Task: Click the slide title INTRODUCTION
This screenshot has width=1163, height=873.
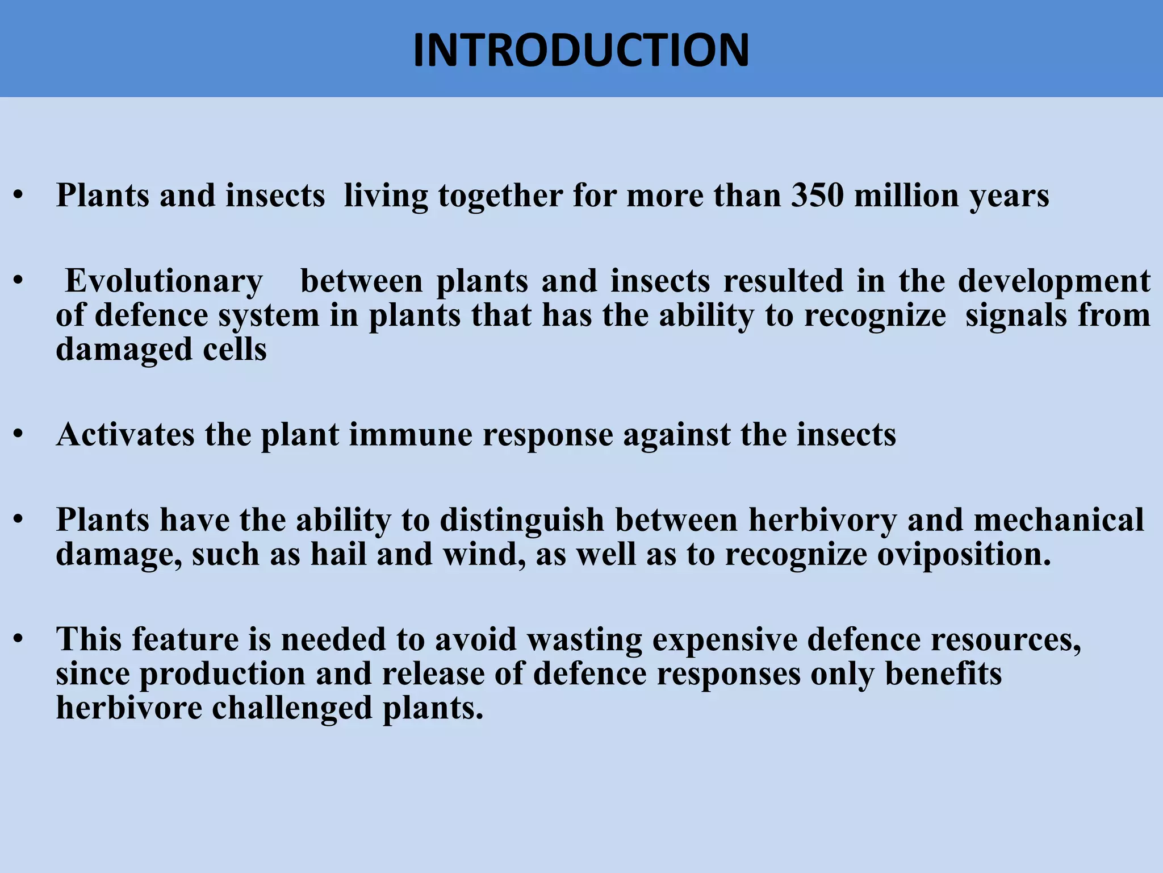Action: click(x=581, y=50)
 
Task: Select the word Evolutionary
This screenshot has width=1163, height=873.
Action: click(x=164, y=282)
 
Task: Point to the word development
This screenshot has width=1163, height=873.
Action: click(x=1054, y=282)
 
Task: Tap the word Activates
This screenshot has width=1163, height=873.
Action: click(x=125, y=435)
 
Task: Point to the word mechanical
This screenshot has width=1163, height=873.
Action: click(x=1059, y=520)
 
